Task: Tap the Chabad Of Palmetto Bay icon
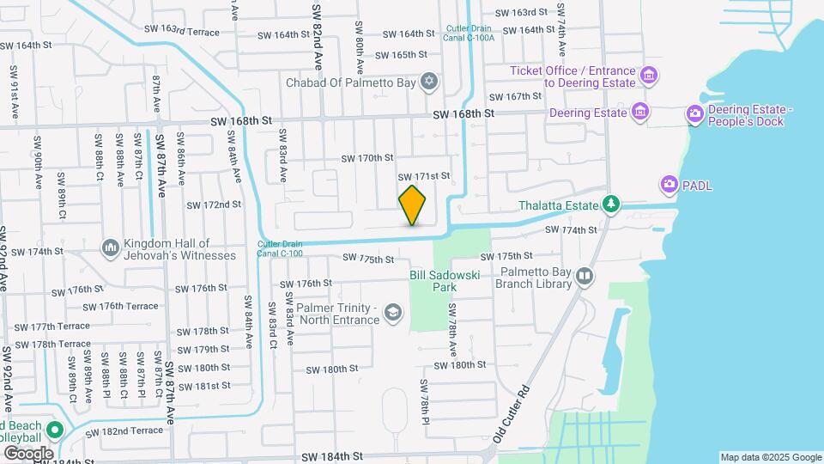pyautogui.click(x=429, y=82)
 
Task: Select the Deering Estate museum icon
pyautogui.click(x=639, y=112)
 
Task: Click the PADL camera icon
pyautogui.click(x=669, y=185)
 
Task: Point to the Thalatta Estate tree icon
pyautogui.click(x=610, y=205)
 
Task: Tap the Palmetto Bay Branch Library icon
pyautogui.click(x=585, y=276)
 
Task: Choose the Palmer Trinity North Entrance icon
pyautogui.click(x=393, y=312)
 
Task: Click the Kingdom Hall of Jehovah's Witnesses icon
pyautogui.click(x=110, y=248)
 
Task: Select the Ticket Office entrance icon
pyautogui.click(x=650, y=76)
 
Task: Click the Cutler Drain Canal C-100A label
pyautogui.click(x=469, y=33)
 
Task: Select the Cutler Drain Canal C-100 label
pyautogui.click(x=279, y=248)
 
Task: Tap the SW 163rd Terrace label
pyautogui.click(x=182, y=31)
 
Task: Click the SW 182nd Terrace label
pyautogui.click(x=124, y=430)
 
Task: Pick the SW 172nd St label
pyautogui.click(x=213, y=205)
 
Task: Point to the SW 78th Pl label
pyautogui.click(x=424, y=402)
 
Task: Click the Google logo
pyautogui.click(x=28, y=453)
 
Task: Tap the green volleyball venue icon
pyautogui.click(x=55, y=430)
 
